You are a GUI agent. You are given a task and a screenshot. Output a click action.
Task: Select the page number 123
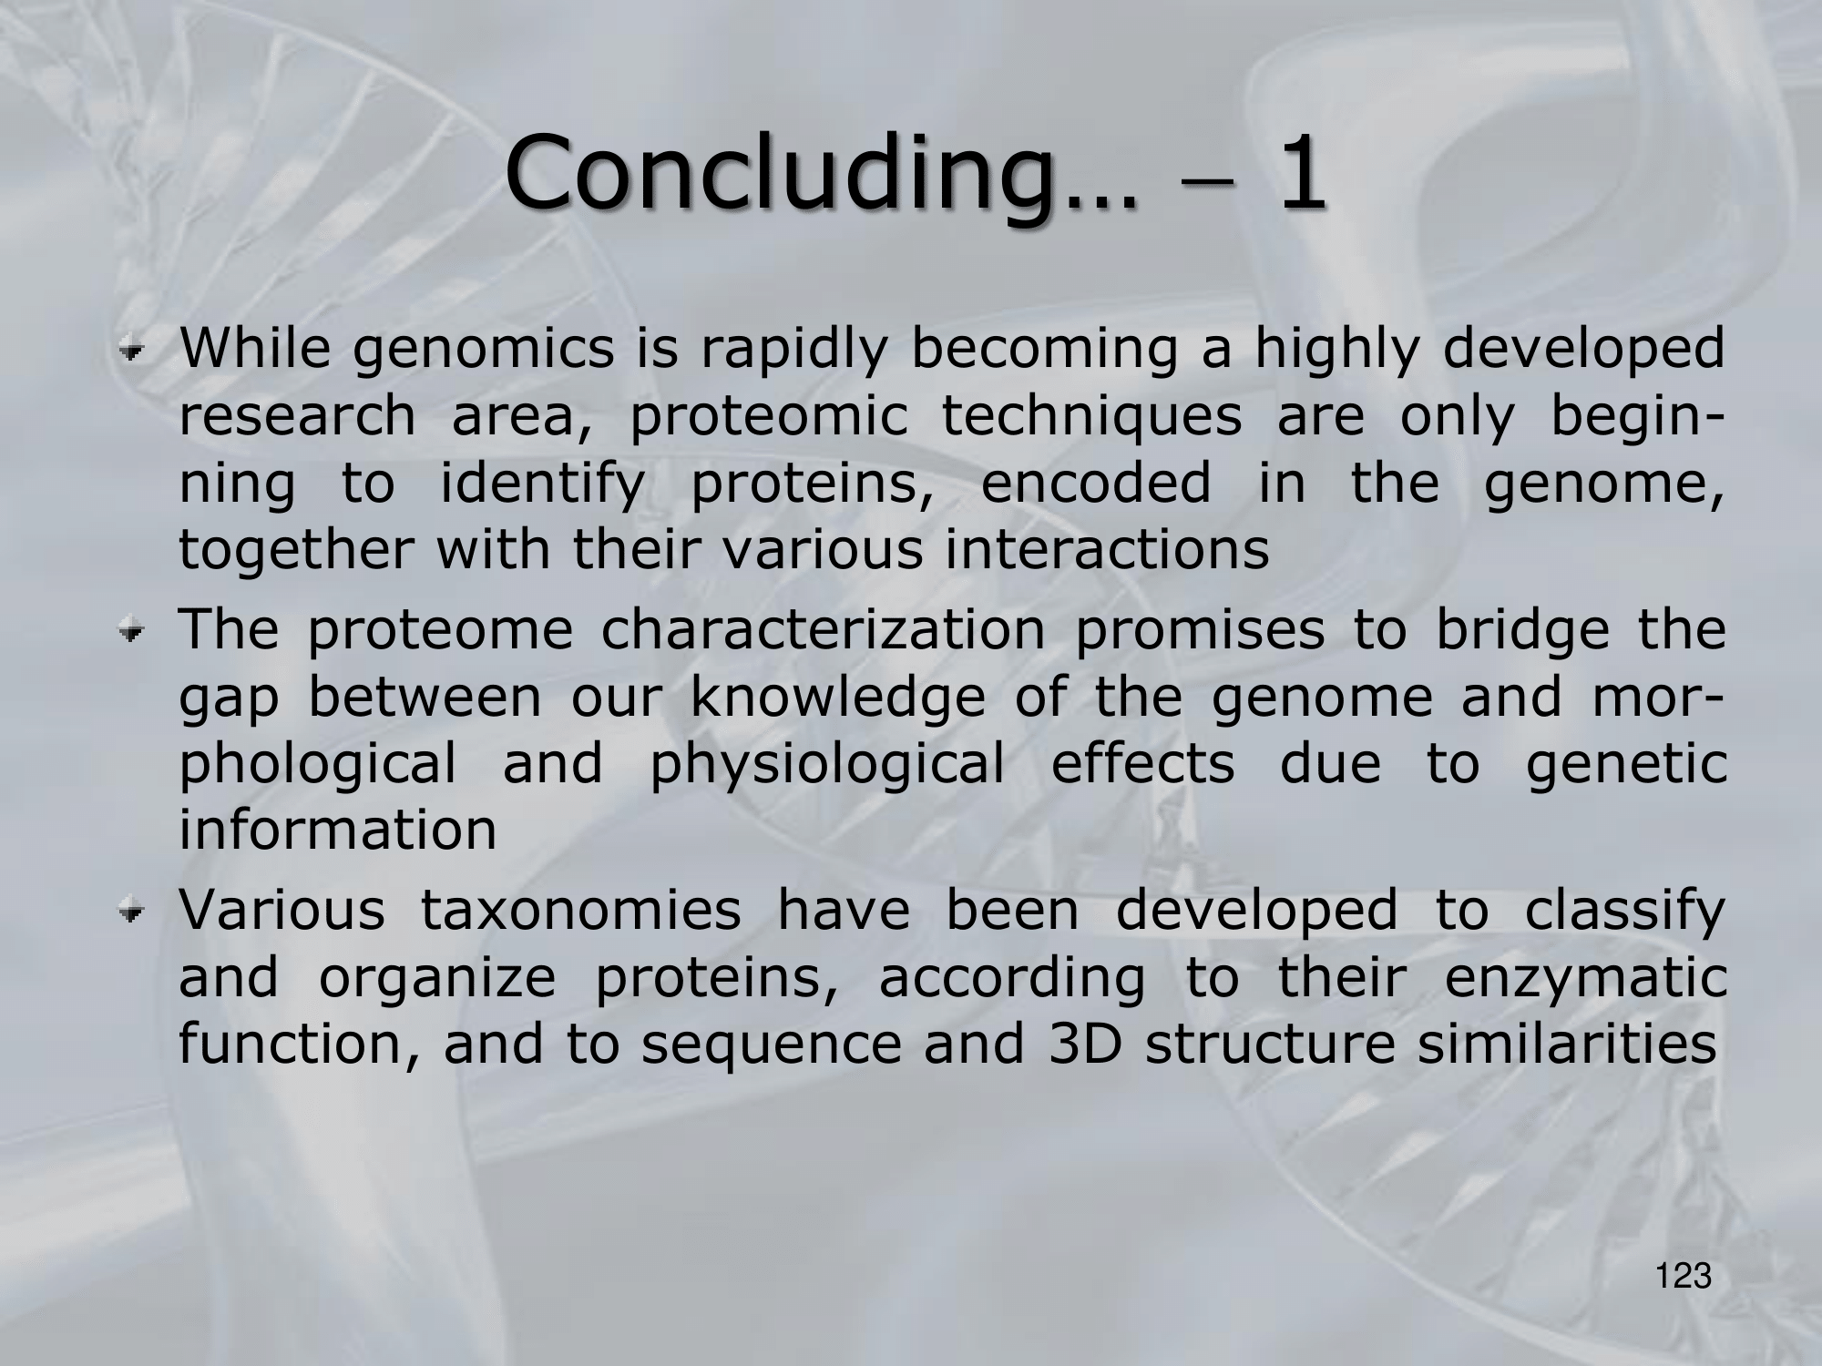(x=1684, y=1277)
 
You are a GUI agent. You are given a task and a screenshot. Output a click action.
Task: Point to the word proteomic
(x=768, y=416)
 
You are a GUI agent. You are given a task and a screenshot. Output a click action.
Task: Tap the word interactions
(x=1106, y=549)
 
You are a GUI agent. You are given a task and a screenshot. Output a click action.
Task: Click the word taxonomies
(x=580, y=912)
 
